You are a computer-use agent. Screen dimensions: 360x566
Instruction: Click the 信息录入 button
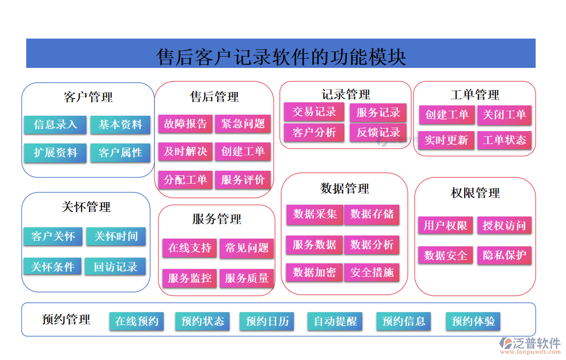coord(55,124)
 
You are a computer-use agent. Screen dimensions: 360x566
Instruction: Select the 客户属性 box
coord(120,153)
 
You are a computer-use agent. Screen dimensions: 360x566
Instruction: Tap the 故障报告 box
coord(185,123)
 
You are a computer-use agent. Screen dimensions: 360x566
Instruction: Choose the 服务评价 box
coord(243,179)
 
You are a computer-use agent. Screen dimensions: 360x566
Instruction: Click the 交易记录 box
coord(314,112)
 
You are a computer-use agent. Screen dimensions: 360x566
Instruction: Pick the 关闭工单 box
coord(504,115)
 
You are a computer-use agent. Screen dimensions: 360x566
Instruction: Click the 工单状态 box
coord(504,140)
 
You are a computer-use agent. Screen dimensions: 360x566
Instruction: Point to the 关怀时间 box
coord(116,237)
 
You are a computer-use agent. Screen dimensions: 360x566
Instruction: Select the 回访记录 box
coord(116,266)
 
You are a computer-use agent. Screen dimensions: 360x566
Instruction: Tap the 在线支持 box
coord(190,248)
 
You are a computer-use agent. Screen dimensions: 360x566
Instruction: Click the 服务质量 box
coord(247,279)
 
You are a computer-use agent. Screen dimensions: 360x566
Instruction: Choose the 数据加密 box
coord(314,273)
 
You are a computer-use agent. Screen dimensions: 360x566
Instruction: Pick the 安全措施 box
coord(372,273)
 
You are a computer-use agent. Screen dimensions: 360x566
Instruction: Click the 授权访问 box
coord(504,225)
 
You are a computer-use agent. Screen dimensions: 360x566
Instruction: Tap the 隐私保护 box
coord(504,255)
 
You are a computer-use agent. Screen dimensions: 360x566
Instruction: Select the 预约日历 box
coord(267,321)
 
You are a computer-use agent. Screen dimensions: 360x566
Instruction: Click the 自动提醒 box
coord(335,321)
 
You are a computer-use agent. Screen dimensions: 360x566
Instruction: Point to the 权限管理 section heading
coord(475,193)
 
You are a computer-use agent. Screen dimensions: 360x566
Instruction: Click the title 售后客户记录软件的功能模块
coord(281,57)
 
